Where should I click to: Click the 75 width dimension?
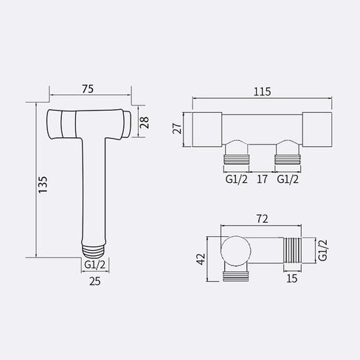(x=88, y=89)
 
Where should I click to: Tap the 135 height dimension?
(x=43, y=184)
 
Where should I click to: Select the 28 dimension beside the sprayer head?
(x=145, y=122)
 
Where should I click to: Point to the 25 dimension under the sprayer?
(x=95, y=281)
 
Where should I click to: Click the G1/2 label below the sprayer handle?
(x=94, y=265)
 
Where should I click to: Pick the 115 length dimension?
(x=262, y=91)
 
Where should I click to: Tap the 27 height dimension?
(x=177, y=128)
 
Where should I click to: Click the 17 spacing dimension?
(x=262, y=179)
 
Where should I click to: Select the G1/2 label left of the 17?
(x=236, y=179)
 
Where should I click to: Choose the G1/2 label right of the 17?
(x=288, y=179)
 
